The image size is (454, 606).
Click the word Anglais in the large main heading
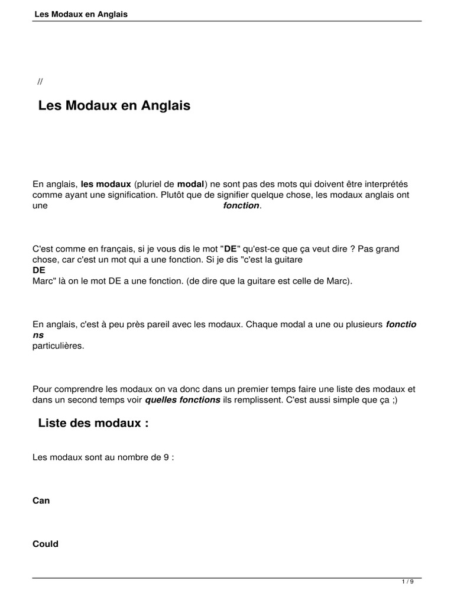click(x=164, y=106)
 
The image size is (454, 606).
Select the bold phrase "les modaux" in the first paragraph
click(x=106, y=184)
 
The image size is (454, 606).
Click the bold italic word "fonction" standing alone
click(x=241, y=205)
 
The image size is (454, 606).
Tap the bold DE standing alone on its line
click(x=38, y=270)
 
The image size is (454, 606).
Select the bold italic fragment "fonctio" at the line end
click(x=401, y=324)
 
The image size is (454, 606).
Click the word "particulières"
click(x=59, y=346)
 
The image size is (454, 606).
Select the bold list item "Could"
click(x=46, y=544)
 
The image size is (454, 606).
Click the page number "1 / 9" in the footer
click(x=408, y=582)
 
